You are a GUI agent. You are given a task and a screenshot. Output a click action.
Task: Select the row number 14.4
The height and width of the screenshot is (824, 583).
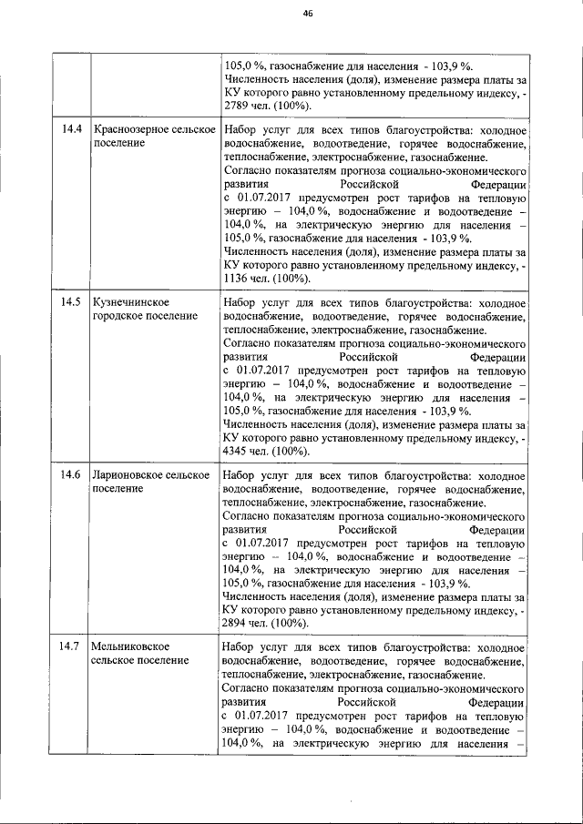72,129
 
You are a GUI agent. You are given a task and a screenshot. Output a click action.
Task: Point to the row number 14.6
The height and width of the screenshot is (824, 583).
72,475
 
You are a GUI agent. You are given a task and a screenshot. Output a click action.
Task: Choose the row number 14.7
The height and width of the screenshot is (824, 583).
72,647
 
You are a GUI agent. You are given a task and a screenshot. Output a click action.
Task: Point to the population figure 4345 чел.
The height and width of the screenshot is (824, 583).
244,452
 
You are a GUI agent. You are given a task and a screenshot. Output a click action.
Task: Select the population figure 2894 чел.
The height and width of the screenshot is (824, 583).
244,624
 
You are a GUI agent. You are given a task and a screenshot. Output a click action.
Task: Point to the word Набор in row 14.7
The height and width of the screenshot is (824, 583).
240,647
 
